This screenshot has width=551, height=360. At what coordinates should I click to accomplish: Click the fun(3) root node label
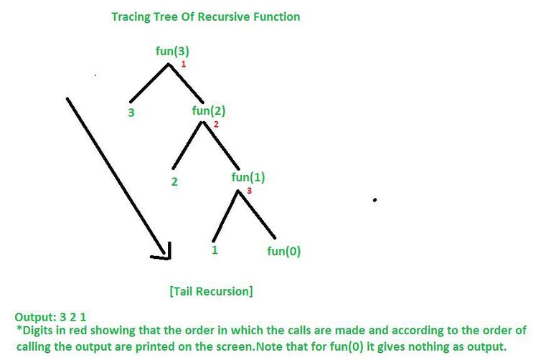(172, 52)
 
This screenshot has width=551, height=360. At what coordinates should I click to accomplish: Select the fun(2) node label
(208, 111)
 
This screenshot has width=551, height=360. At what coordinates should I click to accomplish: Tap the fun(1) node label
(248, 177)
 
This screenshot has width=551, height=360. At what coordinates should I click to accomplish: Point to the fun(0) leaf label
(283, 251)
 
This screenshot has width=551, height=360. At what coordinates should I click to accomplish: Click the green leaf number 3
(131, 113)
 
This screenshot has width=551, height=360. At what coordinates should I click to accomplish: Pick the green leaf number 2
(174, 181)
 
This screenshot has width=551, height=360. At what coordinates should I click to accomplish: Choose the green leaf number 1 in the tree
(215, 250)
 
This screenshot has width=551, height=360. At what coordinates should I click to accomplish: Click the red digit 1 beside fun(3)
(184, 65)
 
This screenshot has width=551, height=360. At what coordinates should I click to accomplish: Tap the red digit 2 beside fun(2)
(216, 124)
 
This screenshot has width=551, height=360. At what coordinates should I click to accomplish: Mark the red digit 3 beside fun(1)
(249, 191)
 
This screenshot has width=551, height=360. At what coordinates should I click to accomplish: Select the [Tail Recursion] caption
(211, 291)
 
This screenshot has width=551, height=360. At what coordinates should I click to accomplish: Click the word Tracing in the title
(131, 17)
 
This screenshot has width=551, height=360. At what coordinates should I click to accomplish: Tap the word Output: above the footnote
(35, 317)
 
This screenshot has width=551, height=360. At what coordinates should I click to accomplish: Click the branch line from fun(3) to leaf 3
(149, 83)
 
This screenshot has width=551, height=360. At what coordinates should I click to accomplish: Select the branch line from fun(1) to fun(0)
(257, 214)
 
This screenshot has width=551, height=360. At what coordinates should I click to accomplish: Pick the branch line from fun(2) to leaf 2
(188, 145)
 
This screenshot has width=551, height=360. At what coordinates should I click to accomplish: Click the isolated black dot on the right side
(375, 200)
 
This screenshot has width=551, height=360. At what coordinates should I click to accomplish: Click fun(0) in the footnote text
(347, 346)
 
